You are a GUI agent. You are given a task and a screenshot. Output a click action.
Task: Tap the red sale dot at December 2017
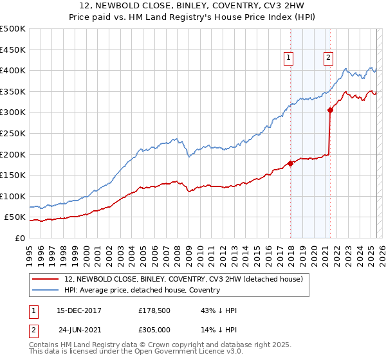[290, 163]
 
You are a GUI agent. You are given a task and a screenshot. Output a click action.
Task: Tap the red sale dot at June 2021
[330, 110]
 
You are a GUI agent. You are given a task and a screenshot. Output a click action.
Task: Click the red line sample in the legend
[46, 278]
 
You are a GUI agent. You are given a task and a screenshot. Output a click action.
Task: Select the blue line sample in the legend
[46, 290]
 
